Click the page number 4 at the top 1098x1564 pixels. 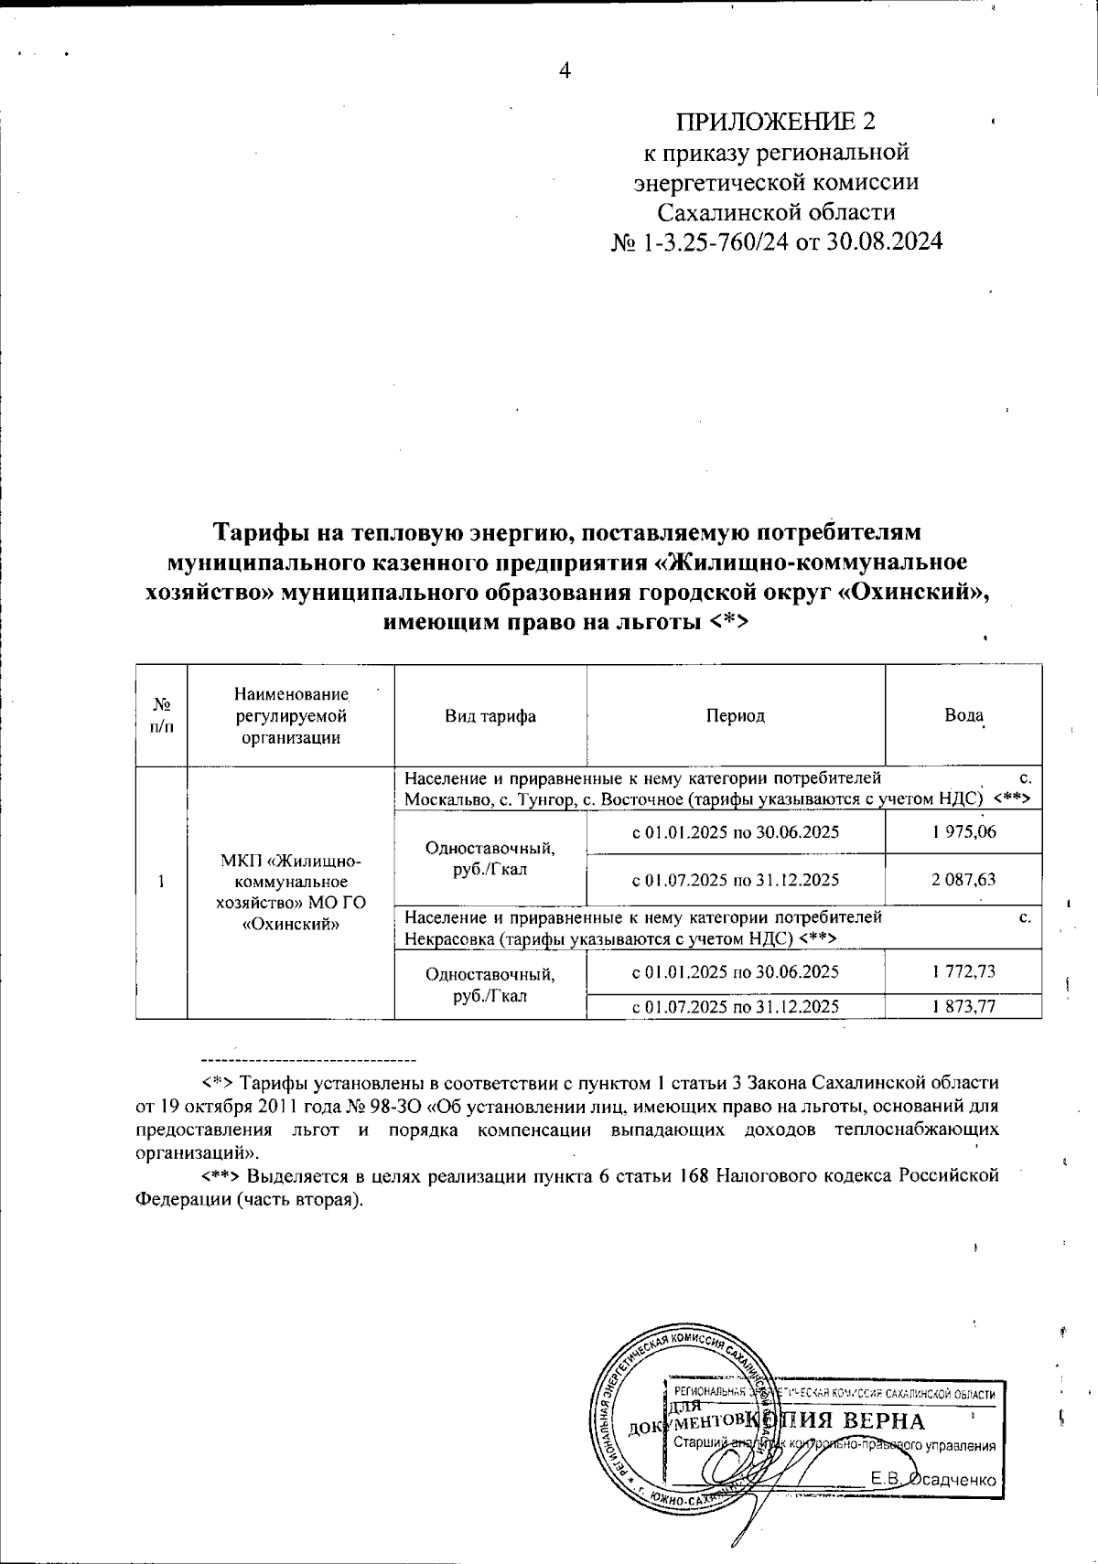point(565,70)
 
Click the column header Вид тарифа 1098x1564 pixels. point(490,716)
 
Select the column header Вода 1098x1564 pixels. point(963,715)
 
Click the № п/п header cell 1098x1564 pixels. point(161,715)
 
